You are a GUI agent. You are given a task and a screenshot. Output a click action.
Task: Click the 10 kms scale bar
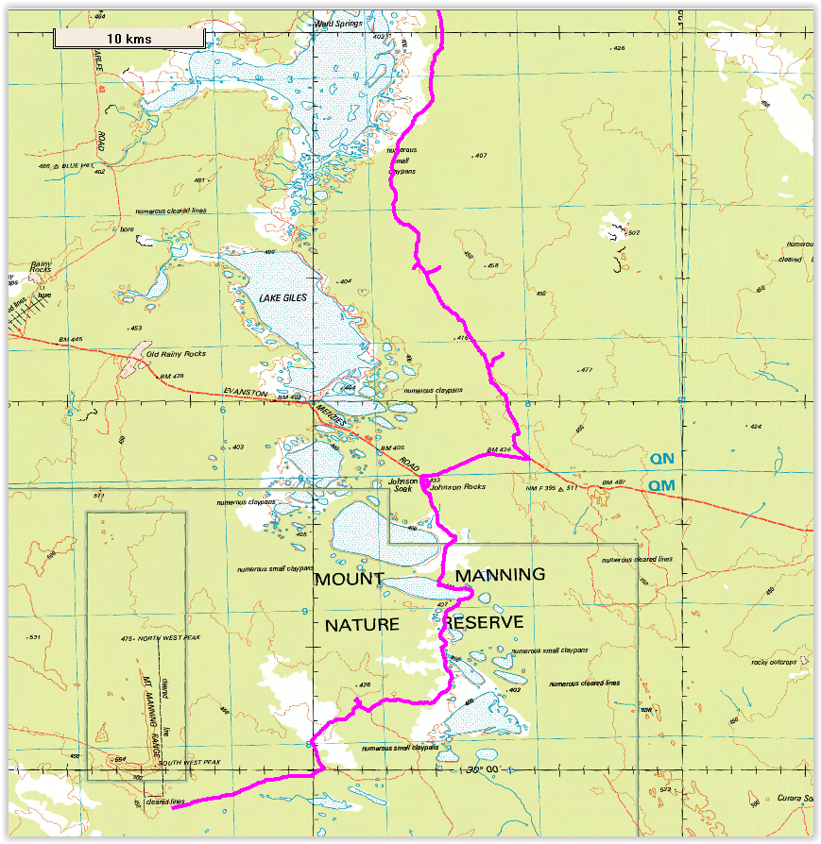point(128,38)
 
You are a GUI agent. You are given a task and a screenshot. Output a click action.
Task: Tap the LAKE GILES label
point(283,298)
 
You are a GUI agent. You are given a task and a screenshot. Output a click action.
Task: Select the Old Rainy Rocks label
point(182,354)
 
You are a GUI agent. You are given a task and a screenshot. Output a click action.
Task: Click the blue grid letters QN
point(661,459)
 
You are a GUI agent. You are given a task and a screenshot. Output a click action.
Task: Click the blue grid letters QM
point(661,485)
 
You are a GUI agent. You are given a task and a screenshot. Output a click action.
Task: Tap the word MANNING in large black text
point(500,574)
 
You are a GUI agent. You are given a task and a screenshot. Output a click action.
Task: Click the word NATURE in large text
point(364,625)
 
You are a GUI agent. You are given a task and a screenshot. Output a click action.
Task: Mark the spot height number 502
point(633,232)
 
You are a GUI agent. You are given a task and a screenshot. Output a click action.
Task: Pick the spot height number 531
point(35,637)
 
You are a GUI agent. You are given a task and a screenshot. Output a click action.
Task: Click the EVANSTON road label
point(246,393)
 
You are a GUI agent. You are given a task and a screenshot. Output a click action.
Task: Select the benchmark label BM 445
point(70,339)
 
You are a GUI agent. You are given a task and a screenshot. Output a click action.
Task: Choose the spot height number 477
point(586,370)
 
